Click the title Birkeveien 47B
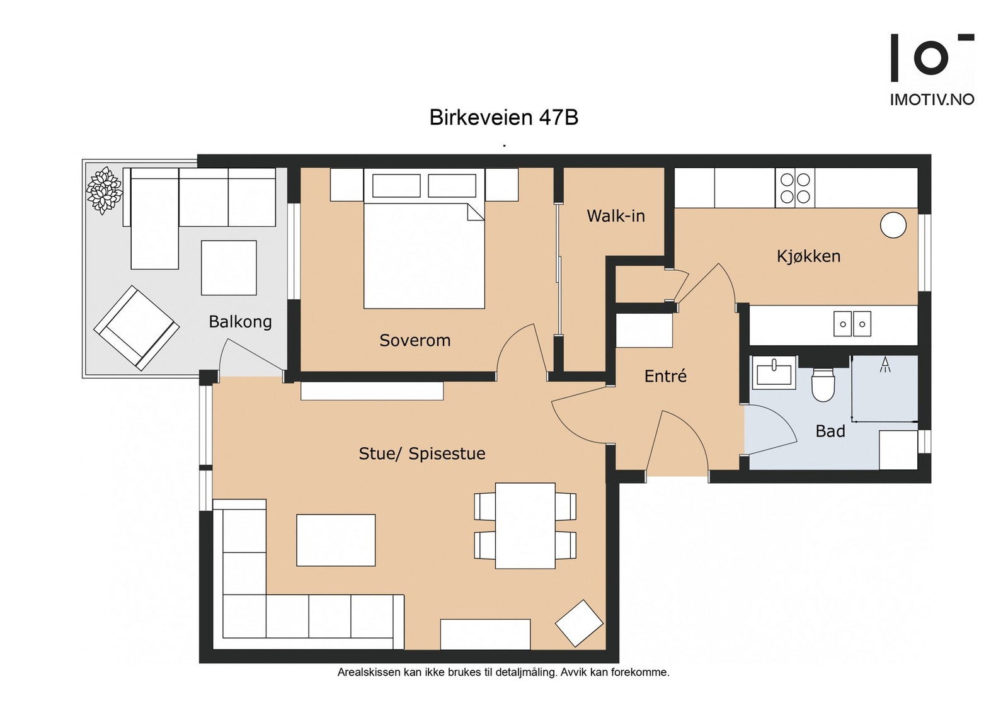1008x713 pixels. (503, 117)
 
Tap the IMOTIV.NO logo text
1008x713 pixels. (932, 100)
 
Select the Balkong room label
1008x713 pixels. (240, 322)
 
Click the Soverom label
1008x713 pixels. (415, 341)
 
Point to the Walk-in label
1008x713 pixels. (616, 217)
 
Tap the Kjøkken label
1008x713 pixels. (809, 256)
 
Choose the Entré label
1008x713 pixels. (665, 376)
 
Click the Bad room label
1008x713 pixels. (830, 431)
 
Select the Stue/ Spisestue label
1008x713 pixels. (422, 453)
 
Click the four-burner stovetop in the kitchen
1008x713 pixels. (795, 188)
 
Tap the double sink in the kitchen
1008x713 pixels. (852, 324)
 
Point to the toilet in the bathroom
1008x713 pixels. (823, 384)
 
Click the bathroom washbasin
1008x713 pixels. (774, 373)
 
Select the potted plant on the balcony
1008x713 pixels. (105, 190)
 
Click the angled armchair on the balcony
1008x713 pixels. (136, 328)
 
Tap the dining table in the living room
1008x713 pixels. (525, 526)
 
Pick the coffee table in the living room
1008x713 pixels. (336, 540)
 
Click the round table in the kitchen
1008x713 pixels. (893, 225)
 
